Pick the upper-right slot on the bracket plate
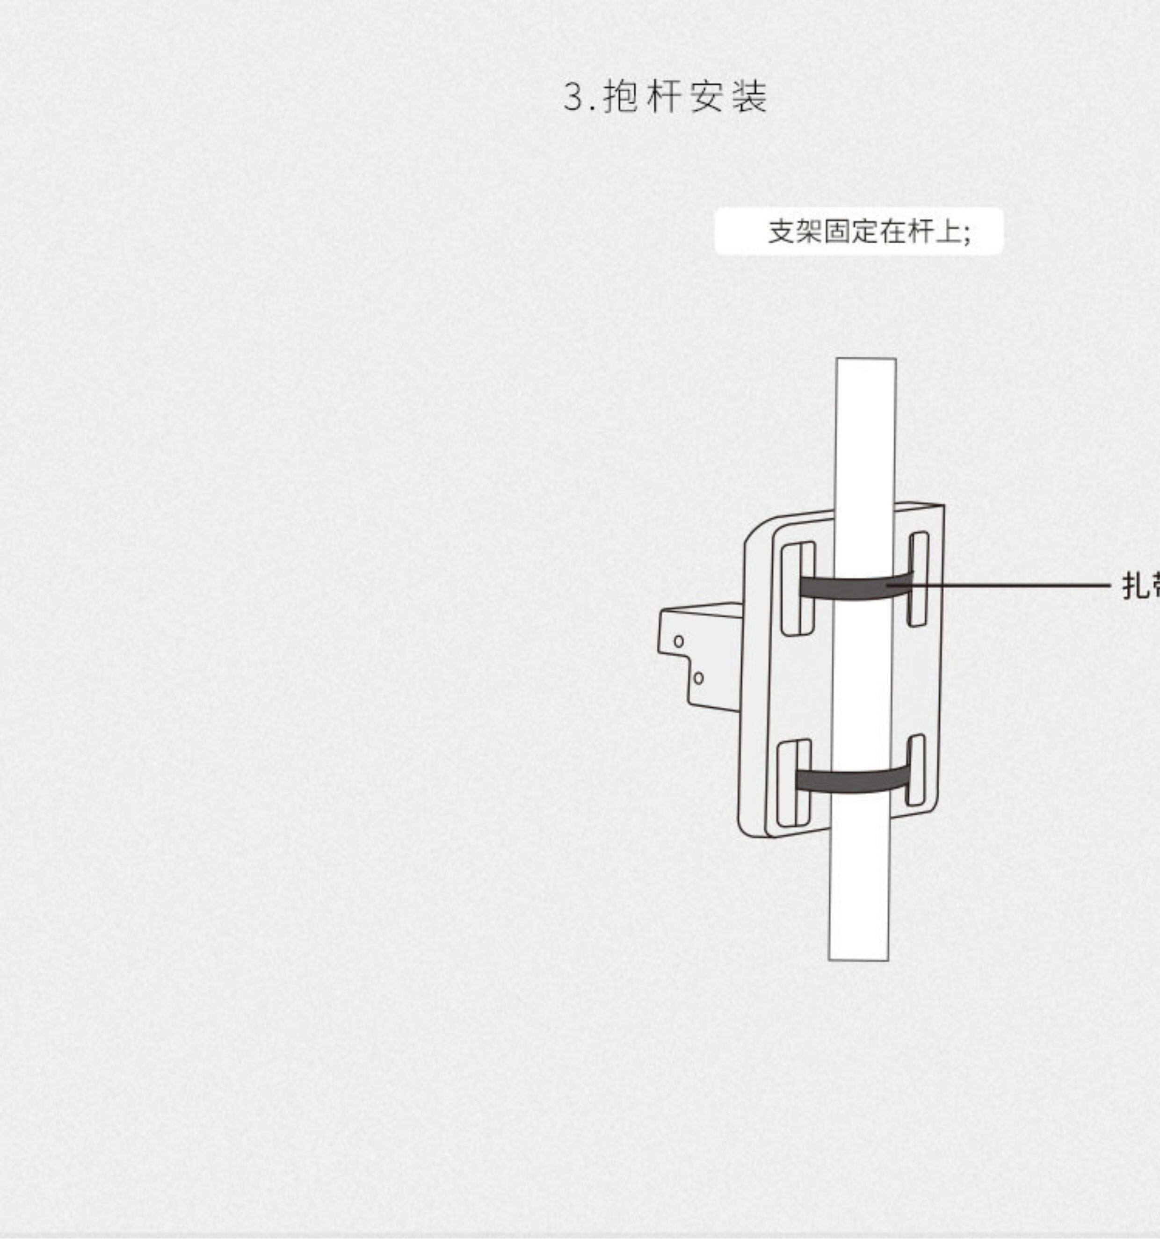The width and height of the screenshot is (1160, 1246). (919, 579)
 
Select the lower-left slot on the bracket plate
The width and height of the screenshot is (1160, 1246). (793, 784)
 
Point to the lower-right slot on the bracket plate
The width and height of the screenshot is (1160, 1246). (915, 770)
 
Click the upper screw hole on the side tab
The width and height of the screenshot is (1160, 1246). (679, 641)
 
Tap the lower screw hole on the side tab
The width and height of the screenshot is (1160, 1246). (699, 678)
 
